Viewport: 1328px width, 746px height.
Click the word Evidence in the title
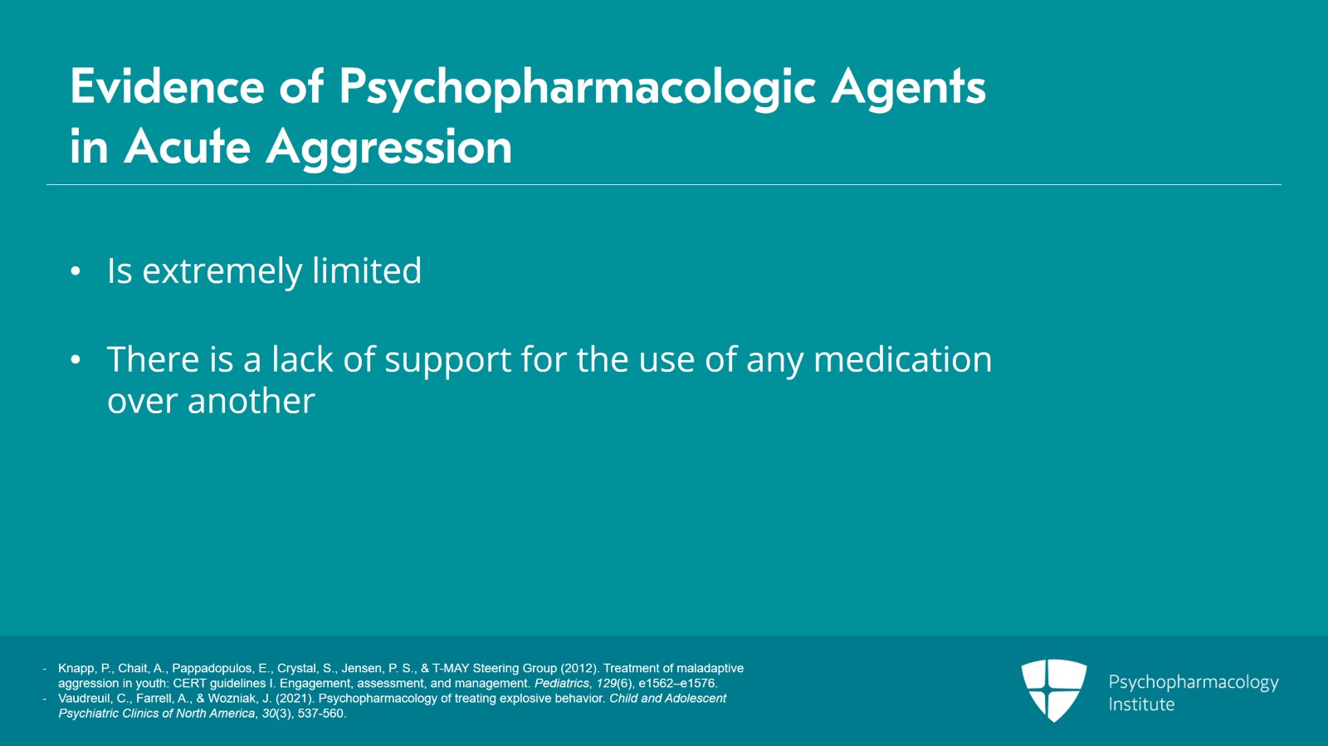click(x=167, y=86)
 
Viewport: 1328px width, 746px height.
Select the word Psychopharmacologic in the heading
click(x=577, y=88)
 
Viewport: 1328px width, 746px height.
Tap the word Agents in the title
click(x=908, y=86)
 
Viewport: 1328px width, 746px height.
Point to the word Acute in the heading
click(x=187, y=148)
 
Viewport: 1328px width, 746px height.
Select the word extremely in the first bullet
click(x=222, y=271)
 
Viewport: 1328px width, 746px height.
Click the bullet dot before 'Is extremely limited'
click(x=76, y=271)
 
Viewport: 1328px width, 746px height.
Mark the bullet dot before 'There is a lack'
click(x=76, y=359)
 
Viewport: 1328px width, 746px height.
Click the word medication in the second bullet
click(x=902, y=359)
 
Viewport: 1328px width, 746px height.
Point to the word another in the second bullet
click(x=251, y=402)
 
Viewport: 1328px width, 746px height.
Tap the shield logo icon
click(x=1053, y=690)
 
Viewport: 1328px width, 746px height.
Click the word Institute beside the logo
click(x=1141, y=705)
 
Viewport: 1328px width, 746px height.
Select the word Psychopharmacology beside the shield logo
click(x=1193, y=682)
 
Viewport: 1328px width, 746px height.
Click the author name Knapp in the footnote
click(x=76, y=668)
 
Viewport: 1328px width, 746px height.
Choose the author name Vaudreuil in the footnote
click(x=84, y=699)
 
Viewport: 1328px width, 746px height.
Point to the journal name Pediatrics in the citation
click(x=561, y=684)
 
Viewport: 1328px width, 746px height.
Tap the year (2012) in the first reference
click(x=579, y=668)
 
